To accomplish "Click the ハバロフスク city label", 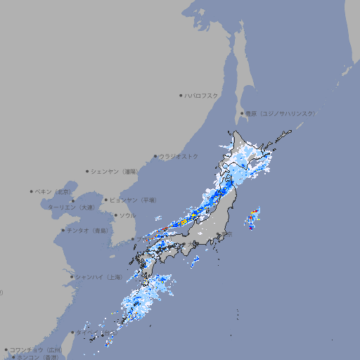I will pyautogui.click(x=202, y=95).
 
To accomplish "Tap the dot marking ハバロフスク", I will pyautogui.click(x=181, y=95).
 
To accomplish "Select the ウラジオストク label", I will pyautogui.click(x=179, y=156).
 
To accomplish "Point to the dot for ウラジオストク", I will pyautogui.click(x=155, y=156).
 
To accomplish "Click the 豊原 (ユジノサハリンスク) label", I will pyautogui.click(x=280, y=113).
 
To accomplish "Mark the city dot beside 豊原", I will pyautogui.click(x=242, y=113).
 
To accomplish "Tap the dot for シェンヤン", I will pyautogui.click(x=88, y=171).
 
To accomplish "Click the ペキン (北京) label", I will pyautogui.click(x=53, y=191).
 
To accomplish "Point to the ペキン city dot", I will pyautogui.click(x=32, y=191).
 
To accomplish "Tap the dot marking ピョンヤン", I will pyautogui.click(x=106, y=200).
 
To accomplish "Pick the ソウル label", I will pyautogui.click(x=127, y=215).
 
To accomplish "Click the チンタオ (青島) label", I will pyautogui.click(x=88, y=230).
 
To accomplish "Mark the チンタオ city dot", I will pyautogui.click(x=63, y=230).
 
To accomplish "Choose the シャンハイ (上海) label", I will pyautogui.click(x=98, y=277).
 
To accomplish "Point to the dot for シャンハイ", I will pyautogui.click(x=72, y=277).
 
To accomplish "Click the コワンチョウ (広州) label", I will pyautogui.click(x=35, y=349).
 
